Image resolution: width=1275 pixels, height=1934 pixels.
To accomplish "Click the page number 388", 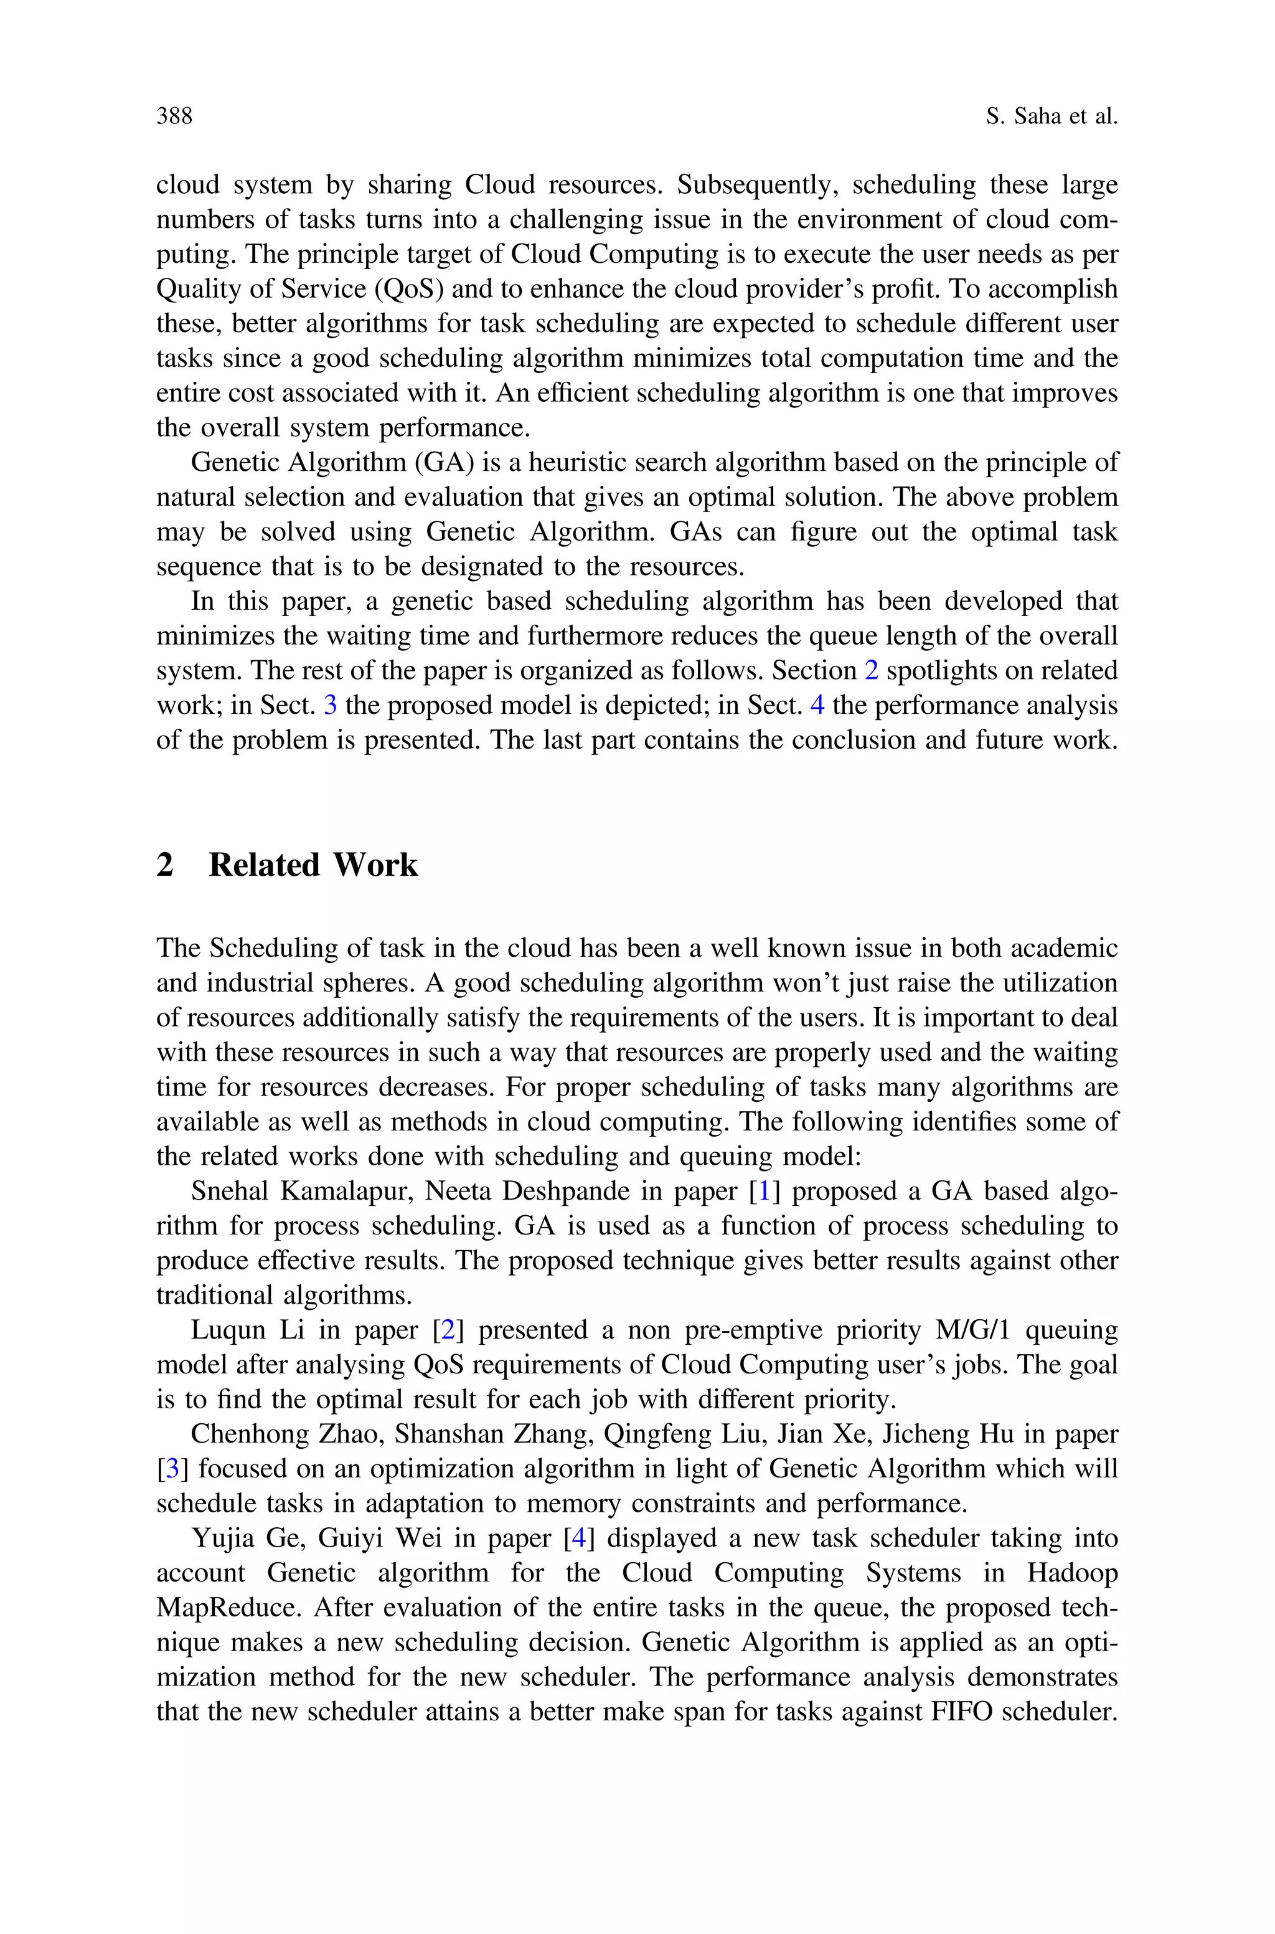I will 174,116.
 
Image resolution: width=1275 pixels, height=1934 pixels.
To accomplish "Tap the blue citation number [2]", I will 447,1330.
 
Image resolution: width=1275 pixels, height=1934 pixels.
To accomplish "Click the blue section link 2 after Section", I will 871,671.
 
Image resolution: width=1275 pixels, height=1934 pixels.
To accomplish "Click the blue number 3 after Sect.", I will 330,705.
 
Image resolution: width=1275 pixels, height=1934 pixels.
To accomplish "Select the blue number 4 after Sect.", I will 817,705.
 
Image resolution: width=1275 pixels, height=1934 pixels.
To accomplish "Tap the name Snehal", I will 230,1192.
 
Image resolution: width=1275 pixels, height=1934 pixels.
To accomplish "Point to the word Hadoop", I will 1071,1573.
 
